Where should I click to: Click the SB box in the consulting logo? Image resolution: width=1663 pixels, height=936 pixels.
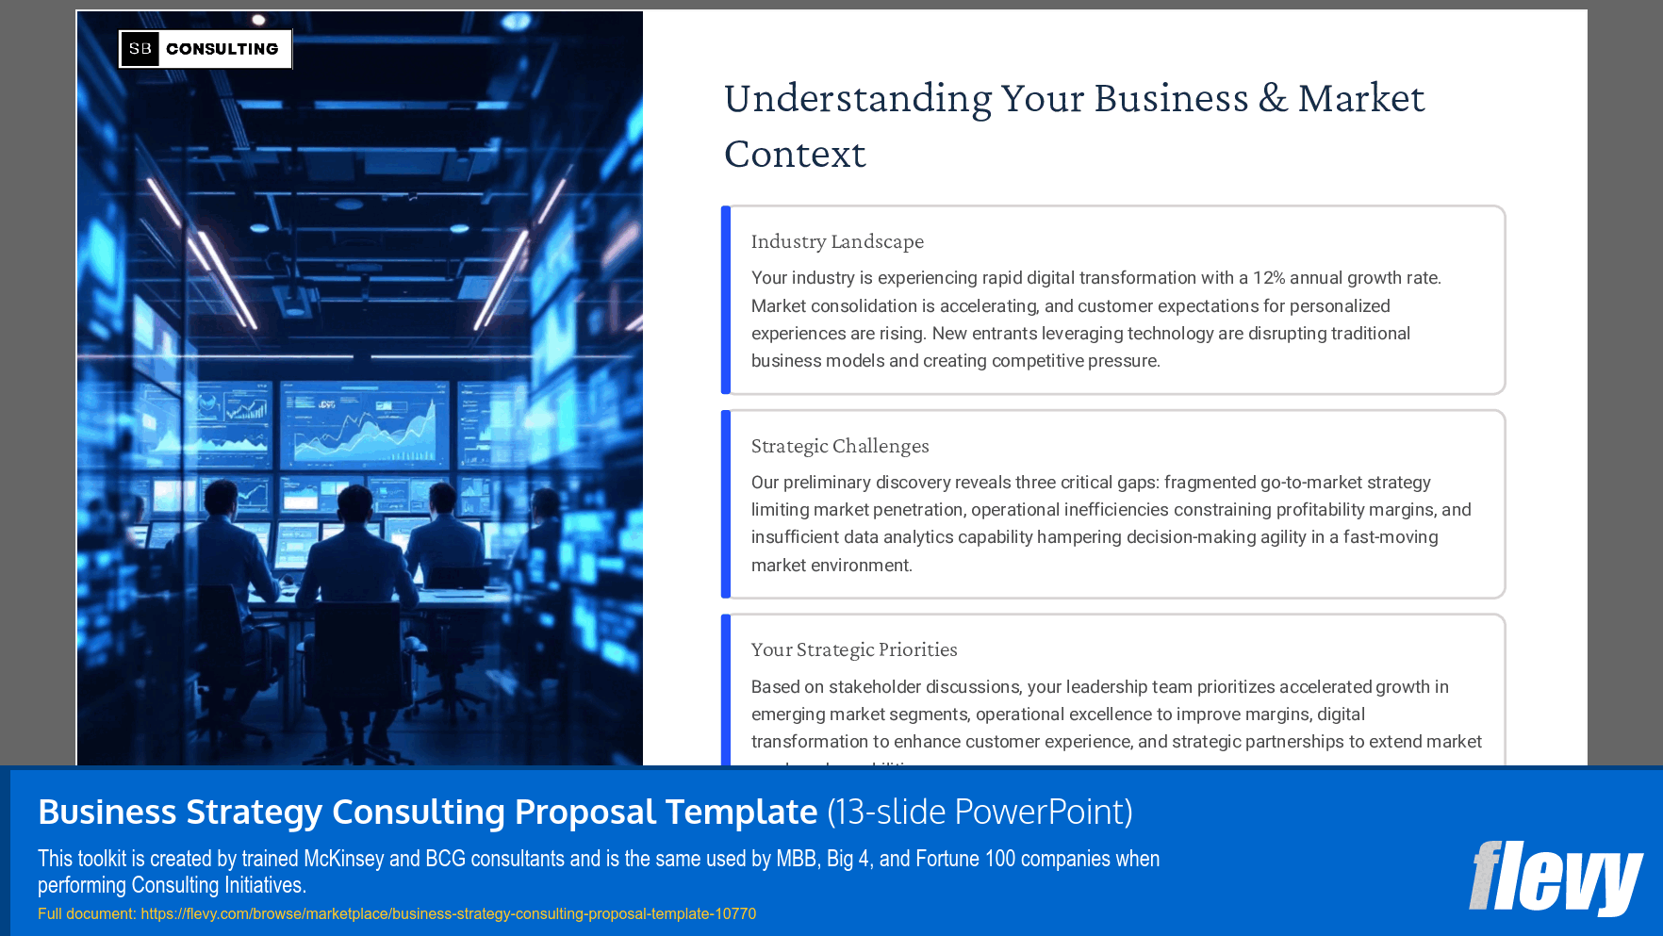pos(140,49)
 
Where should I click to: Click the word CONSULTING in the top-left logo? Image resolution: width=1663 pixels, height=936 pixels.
pos(222,49)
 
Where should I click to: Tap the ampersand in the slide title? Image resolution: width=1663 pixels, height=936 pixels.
pos(1273,98)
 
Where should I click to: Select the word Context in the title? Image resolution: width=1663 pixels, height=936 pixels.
pos(795,155)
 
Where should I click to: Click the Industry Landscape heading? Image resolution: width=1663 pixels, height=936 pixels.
pos(837,241)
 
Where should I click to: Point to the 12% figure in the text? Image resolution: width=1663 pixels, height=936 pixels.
pos(1268,278)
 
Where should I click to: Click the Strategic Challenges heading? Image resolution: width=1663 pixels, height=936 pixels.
pos(840,446)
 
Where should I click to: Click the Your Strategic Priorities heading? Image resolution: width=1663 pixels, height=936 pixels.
pos(854,649)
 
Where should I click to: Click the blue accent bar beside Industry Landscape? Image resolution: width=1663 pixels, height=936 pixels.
pos(726,300)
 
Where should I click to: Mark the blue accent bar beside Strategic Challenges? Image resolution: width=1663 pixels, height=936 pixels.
pos(726,504)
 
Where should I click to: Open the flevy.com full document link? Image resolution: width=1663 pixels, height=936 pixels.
pos(448,913)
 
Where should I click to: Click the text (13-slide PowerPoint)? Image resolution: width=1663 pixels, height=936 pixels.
pos(980,812)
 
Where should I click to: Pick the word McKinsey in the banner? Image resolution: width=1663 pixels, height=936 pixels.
pos(343,859)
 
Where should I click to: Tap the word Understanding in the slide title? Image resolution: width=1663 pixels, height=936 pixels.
pos(858,98)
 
